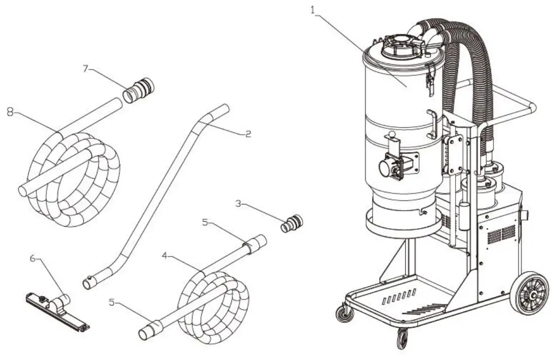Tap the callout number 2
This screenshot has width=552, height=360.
click(x=247, y=135)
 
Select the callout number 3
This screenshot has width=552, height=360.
click(x=239, y=204)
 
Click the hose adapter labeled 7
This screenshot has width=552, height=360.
click(x=138, y=90)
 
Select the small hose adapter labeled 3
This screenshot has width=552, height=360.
click(x=291, y=223)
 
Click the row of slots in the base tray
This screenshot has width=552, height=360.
click(x=399, y=296)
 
